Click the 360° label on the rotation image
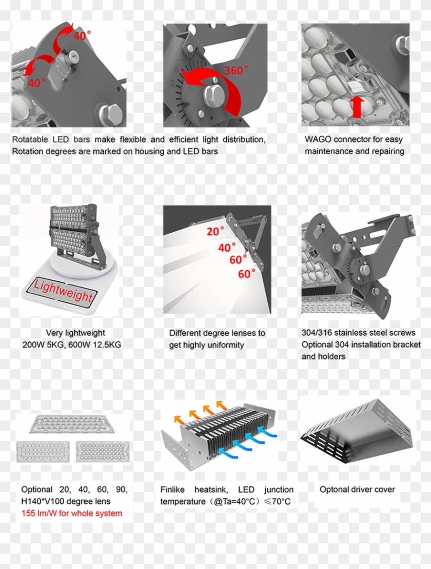tap(236, 70)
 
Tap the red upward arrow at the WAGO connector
tap(358, 106)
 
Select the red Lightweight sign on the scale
tap(64, 291)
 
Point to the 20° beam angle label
tap(215, 232)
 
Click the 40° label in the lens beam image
tap(227, 248)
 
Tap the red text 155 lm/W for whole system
tap(72, 513)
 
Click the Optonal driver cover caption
tap(357, 490)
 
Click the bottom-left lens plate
tap(43, 452)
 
